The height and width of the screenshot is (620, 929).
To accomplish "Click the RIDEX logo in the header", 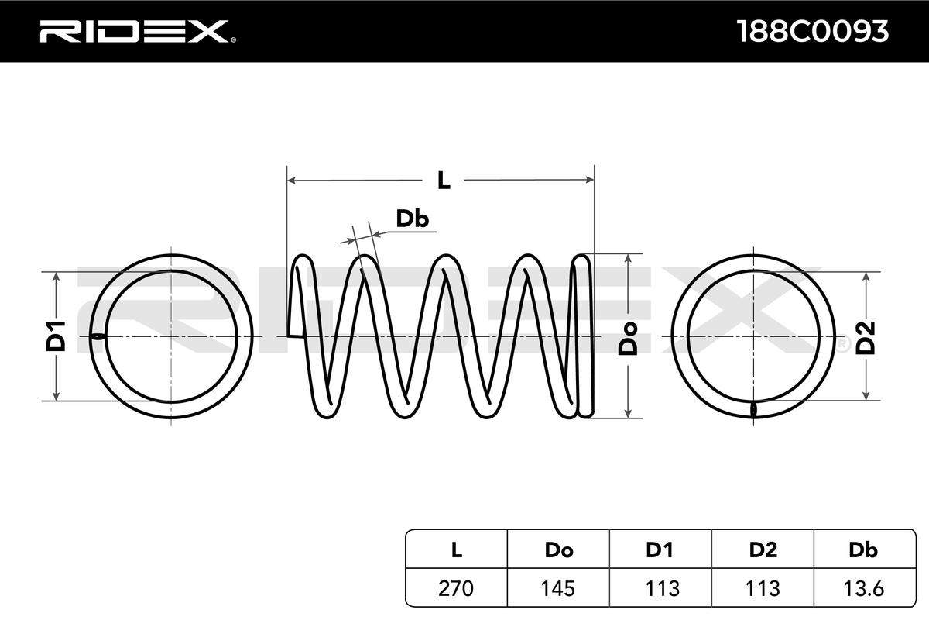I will pyautogui.click(x=133, y=31).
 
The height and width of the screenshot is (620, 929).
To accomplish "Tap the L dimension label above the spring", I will pyautogui.click(x=443, y=181).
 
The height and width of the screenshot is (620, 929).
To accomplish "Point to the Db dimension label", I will pyautogui.click(x=412, y=219).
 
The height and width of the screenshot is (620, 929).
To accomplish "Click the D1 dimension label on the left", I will pyautogui.click(x=56, y=336).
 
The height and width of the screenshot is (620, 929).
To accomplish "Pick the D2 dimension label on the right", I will pyautogui.click(x=866, y=336).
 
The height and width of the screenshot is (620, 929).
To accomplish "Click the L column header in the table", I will pyautogui.click(x=456, y=550).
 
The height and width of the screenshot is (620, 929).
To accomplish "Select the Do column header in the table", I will pyautogui.click(x=558, y=550).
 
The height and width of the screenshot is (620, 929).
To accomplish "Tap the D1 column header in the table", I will pyautogui.click(x=660, y=550).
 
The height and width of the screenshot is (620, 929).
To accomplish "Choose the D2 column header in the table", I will pyautogui.click(x=763, y=550).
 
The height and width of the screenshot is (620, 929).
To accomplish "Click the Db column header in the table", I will pyautogui.click(x=862, y=550).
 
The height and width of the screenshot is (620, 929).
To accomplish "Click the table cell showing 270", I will pyautogui.click(x=456, y=588).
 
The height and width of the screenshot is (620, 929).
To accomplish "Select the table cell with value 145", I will pyautogui.click(x=558, y=588).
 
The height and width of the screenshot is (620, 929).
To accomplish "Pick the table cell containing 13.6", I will pyautogui.click(x=862, y=588).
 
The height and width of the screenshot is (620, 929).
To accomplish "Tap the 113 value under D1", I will pyautogui.click(x=660, y=588).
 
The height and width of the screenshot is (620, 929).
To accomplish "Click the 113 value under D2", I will pyautogui.click(x=763, y=588).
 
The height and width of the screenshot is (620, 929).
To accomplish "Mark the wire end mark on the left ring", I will pyautogui.click(x=98, y=336).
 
